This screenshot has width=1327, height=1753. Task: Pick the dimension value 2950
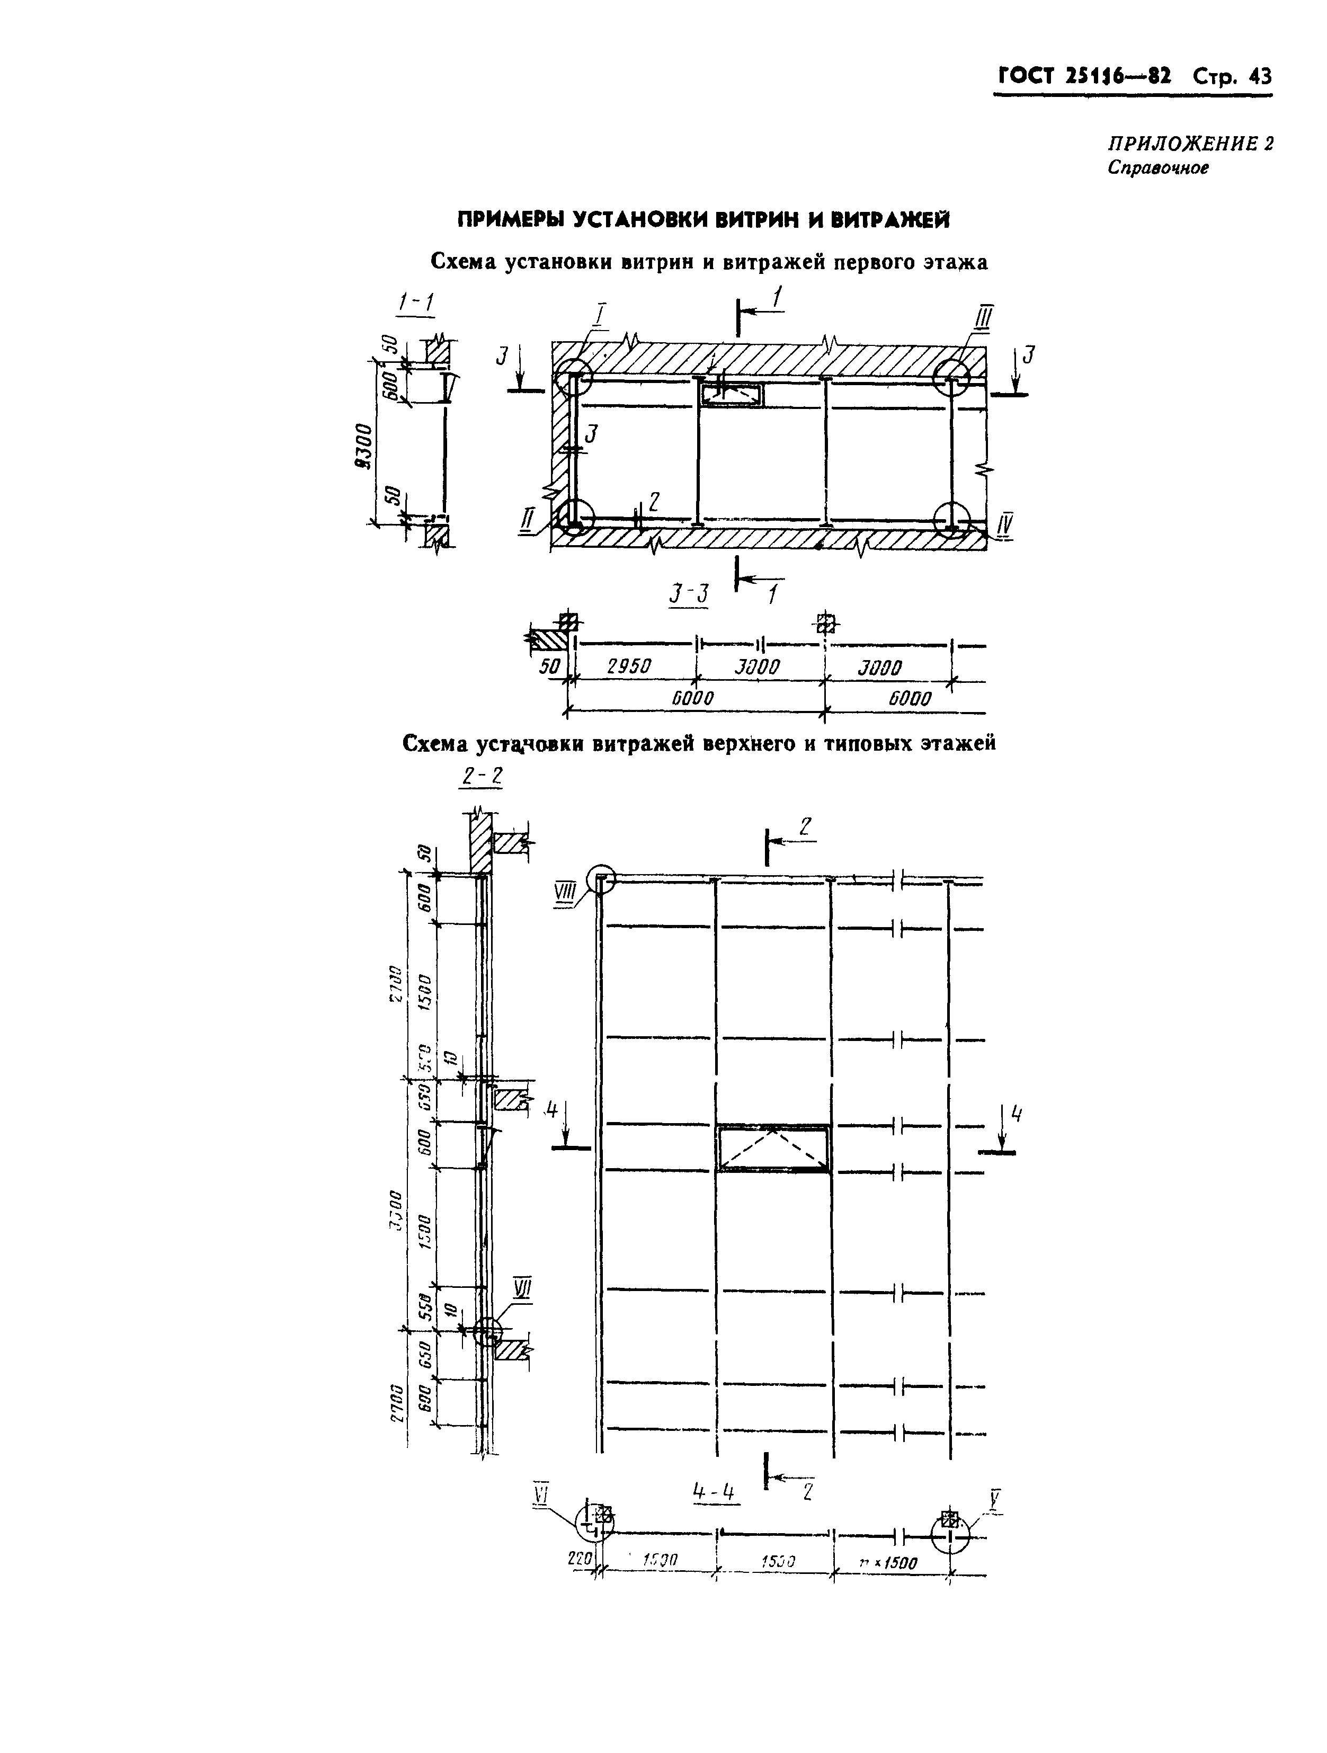tap(629, 668)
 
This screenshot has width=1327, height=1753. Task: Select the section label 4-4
tap(714, 1493)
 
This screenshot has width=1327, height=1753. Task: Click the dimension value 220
tap(581, 1558)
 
